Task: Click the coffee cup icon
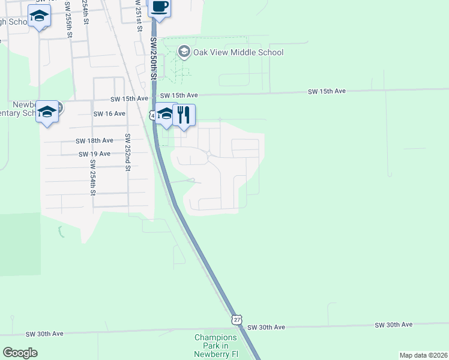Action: (x=159, y=7)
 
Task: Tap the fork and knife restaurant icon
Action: (x=184, y=114)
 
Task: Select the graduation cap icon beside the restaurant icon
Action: (x=164, y=115)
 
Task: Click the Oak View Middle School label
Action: (x=238, y=52)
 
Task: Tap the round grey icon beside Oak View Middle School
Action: (x=184, y=52)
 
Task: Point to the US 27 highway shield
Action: (x=238, y=319)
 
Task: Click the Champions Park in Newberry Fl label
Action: (x=216, y=346)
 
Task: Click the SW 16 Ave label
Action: (x=109, y=113)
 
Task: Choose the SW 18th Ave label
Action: (x=94, y=140)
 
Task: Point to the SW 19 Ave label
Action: (x=94, y=154)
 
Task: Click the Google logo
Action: (x=20, y=353)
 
